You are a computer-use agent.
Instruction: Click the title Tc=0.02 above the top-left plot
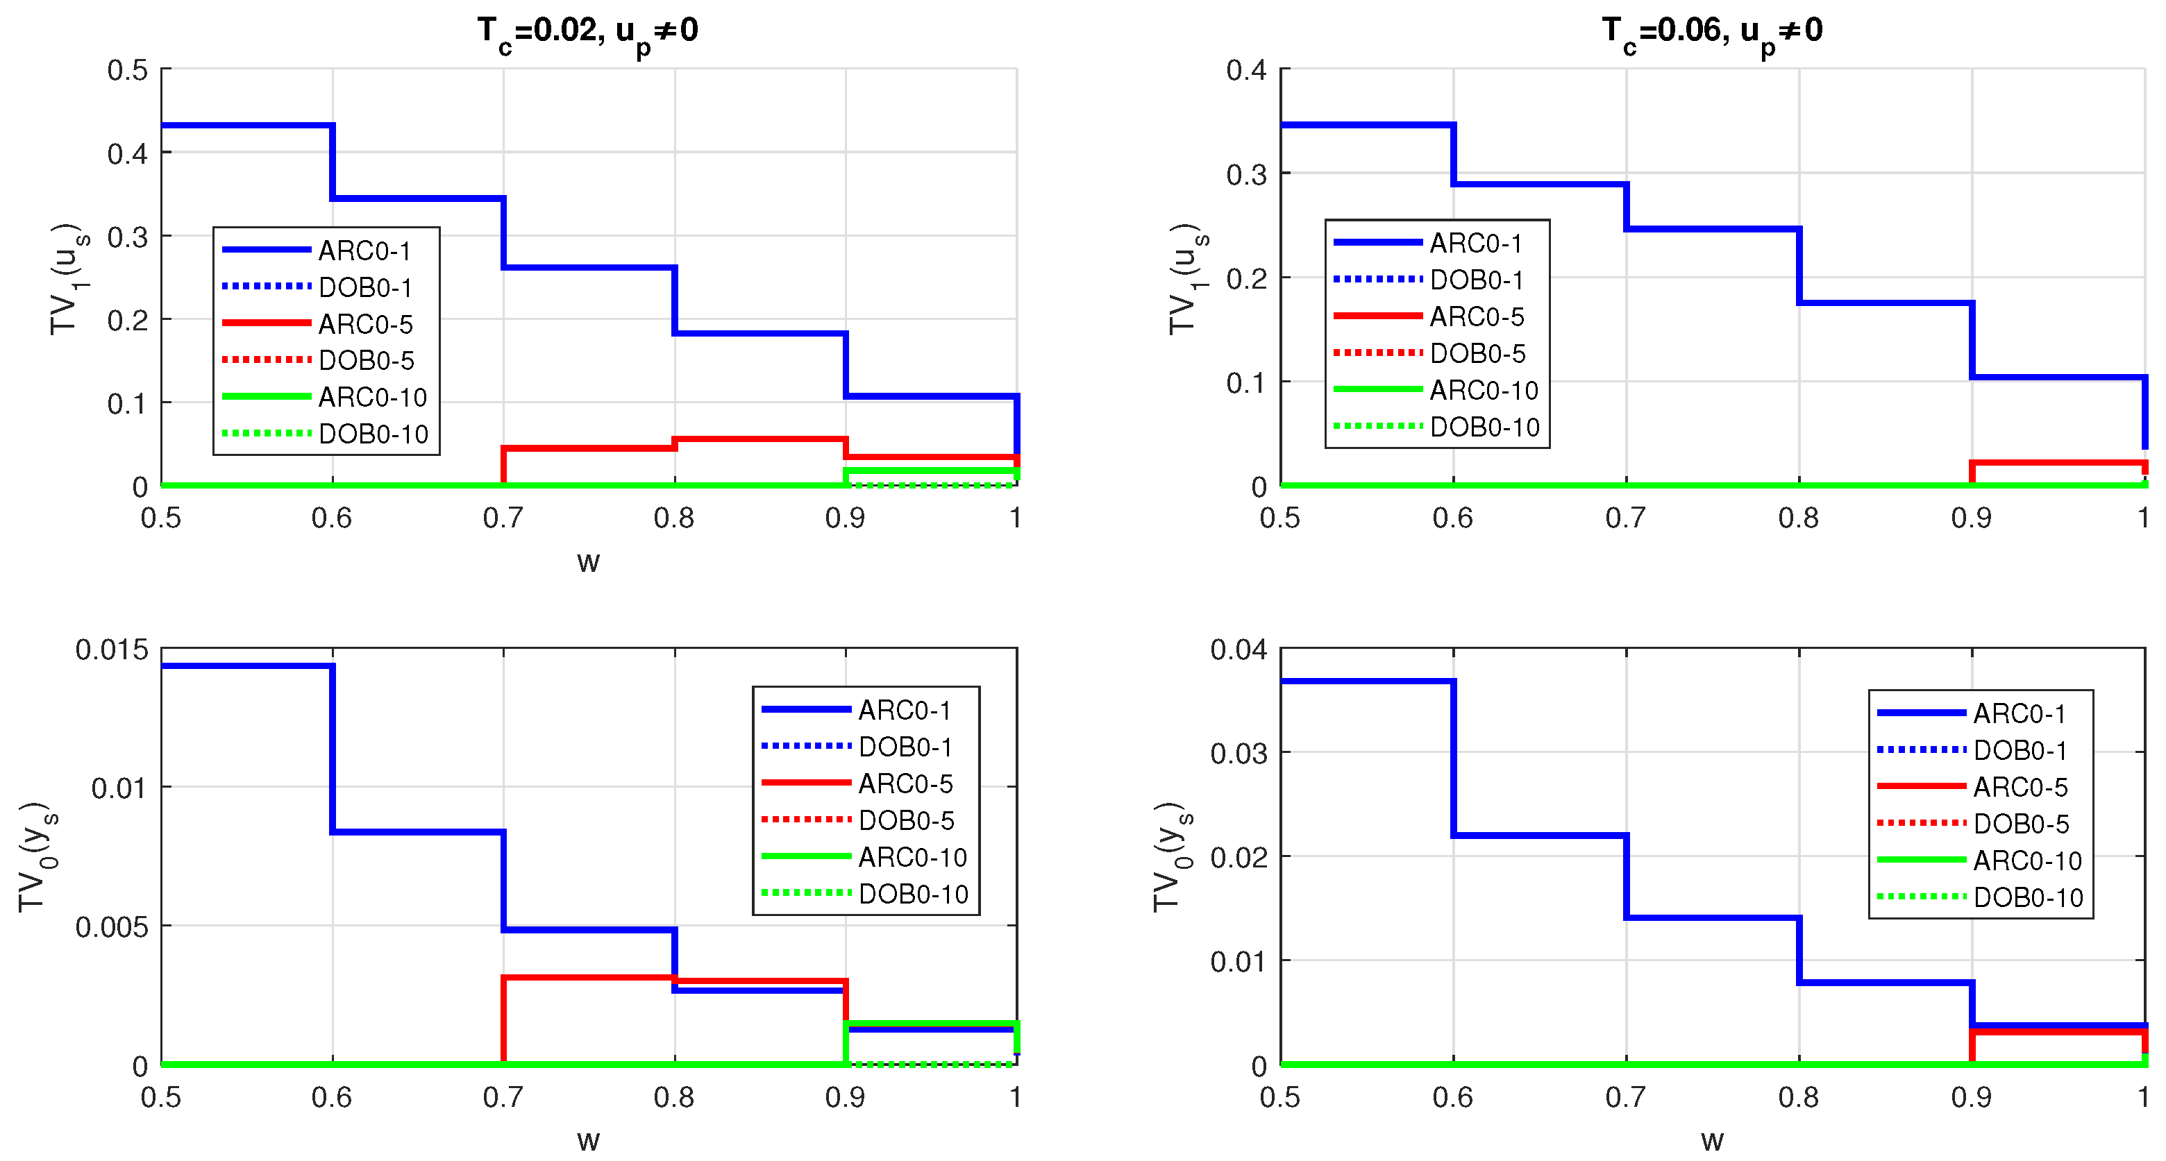[588, 32]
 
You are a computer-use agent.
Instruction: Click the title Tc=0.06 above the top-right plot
[1712, 32]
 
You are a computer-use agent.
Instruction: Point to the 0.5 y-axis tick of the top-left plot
[127, 70]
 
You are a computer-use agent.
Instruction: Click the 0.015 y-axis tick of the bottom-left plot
[112, 649]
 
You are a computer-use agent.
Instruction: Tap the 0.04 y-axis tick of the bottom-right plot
[1239, 649]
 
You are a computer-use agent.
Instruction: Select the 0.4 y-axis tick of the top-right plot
[1246, 70]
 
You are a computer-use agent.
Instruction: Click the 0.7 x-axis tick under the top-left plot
[503, 518]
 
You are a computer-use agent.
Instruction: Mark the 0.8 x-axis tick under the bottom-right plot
[1799, 1097]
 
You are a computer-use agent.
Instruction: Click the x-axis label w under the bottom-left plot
[588, 1141]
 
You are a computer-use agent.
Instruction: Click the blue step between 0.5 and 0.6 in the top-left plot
[247, 126]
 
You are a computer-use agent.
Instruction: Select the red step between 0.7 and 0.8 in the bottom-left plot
[589, 978]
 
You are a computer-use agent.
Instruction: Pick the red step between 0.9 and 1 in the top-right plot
[2058, 462]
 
